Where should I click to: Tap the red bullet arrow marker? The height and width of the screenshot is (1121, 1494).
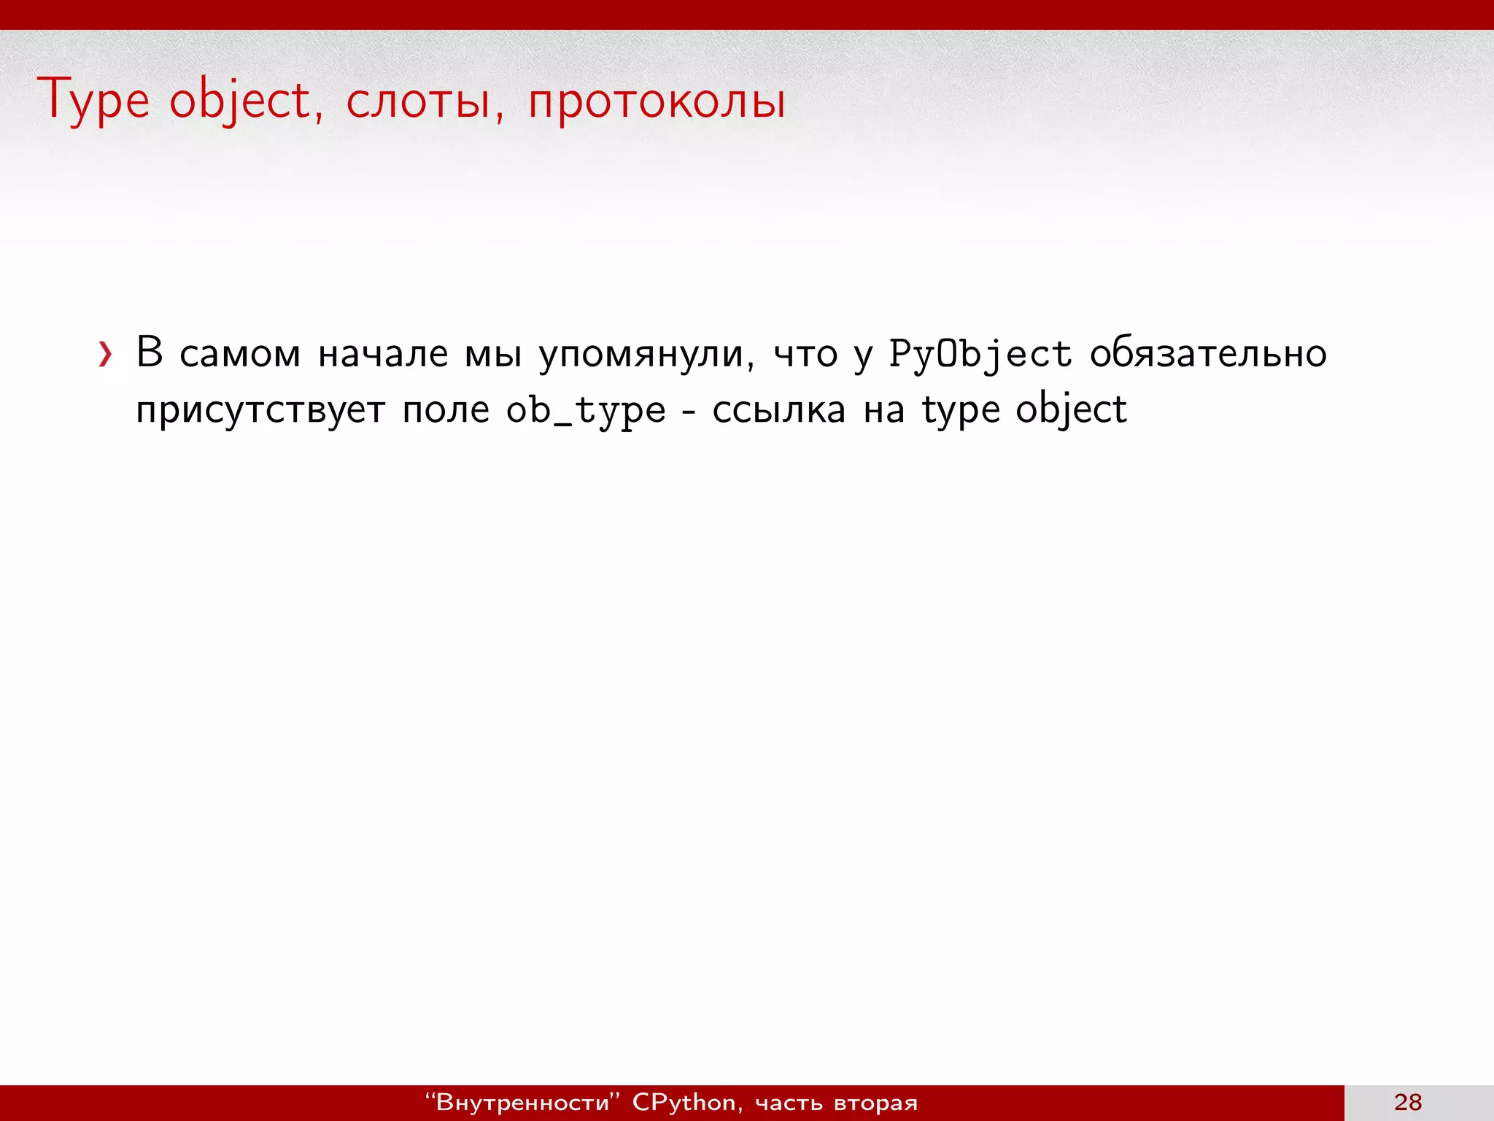[x=106, y=355]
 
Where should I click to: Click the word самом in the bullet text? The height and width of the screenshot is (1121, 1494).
[x=240, y=354]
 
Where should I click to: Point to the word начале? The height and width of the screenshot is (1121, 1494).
[x=383, y=354]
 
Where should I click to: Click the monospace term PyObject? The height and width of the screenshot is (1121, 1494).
[x=980, y=355]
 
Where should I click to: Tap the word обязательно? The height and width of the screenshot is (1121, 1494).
[x=1208, y=354]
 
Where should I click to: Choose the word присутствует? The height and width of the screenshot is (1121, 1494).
[x=260, y=410]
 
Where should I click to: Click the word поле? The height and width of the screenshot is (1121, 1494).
[x=446, y=410]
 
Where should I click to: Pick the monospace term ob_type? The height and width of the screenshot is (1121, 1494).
[x=586, y=411]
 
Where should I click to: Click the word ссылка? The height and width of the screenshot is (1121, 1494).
[x=778, y=410]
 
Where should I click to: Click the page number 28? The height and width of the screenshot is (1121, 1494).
[x=1407, y=1102]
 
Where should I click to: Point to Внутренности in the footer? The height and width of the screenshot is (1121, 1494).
[x=522, y=1102]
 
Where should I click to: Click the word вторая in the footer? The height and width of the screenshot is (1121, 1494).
[x=875, y=1103]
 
